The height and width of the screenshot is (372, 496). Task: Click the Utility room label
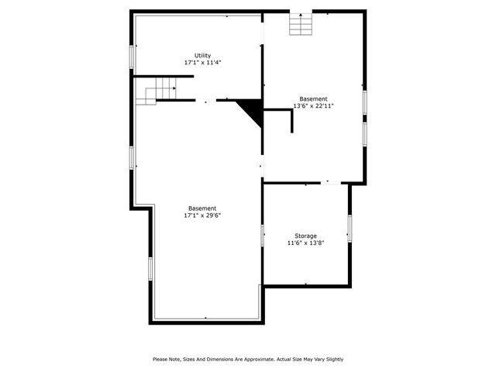[202, 55]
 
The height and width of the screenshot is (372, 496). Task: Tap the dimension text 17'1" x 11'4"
[202, 62]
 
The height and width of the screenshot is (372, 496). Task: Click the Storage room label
[305, 236]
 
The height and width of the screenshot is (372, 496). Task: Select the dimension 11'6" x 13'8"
[305, 243]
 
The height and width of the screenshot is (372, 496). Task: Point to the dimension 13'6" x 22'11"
[313, 105]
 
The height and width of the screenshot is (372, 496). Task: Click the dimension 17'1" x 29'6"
[202, 215]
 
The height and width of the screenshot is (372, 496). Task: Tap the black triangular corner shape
[251, 109]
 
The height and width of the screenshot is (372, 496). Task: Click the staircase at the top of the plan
[300, 24]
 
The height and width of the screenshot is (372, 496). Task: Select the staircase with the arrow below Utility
[157, 92]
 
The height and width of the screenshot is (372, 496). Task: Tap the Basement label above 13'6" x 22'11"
[313, 98]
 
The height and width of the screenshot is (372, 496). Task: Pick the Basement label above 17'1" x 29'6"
[202, 208]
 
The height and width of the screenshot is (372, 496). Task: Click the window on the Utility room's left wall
[132, 57]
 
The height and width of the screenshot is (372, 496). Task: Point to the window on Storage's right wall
[350, 228]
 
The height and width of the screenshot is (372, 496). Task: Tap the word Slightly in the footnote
[332, 359]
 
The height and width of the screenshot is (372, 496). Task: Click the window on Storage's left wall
[263, 235]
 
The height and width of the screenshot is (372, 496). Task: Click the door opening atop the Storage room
[331, 183]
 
